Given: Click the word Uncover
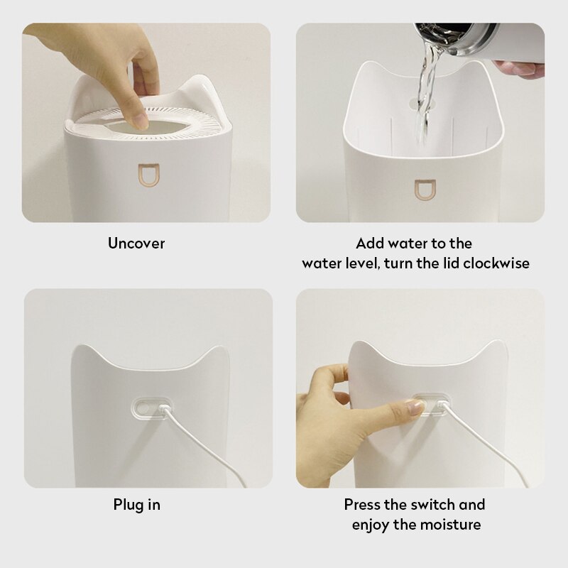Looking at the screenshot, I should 136,244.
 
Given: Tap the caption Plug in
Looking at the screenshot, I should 136,505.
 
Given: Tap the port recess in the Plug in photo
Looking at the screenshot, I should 151,408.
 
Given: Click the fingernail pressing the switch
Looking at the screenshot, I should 414,407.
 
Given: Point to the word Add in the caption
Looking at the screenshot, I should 369,244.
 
